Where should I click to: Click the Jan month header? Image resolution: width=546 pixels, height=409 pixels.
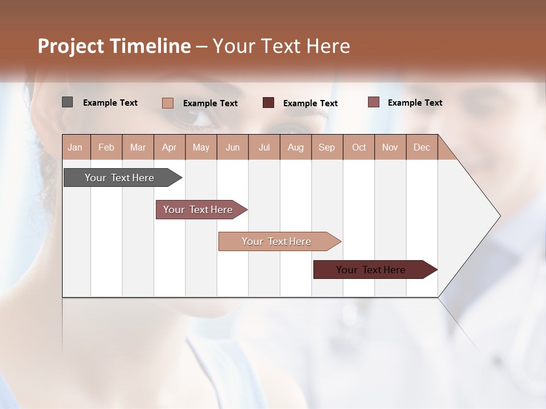click(76, 147)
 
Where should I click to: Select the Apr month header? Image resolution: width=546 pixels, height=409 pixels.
click(169, 147)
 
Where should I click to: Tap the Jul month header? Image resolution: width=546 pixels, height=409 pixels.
click(264, 147)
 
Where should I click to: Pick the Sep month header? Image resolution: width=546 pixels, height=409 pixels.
click(326, 147)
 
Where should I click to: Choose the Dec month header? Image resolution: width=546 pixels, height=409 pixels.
click(421, 147)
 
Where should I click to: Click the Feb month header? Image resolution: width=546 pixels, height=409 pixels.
click(106, 147)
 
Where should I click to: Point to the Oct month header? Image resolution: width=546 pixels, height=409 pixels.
click(359, 147)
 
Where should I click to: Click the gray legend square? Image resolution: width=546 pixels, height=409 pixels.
click(67, 102)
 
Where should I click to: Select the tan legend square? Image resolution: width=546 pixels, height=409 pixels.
click(167, 103)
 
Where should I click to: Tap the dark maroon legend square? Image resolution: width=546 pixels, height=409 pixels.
click(268, 103)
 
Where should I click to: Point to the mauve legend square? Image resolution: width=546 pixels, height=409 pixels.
click(373, 102)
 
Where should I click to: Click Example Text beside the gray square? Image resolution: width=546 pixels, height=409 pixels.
click(110, 103)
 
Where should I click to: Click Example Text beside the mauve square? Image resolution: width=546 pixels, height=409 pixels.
click(415, 103)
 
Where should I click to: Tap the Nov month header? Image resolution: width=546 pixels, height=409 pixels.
click(390, 147)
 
